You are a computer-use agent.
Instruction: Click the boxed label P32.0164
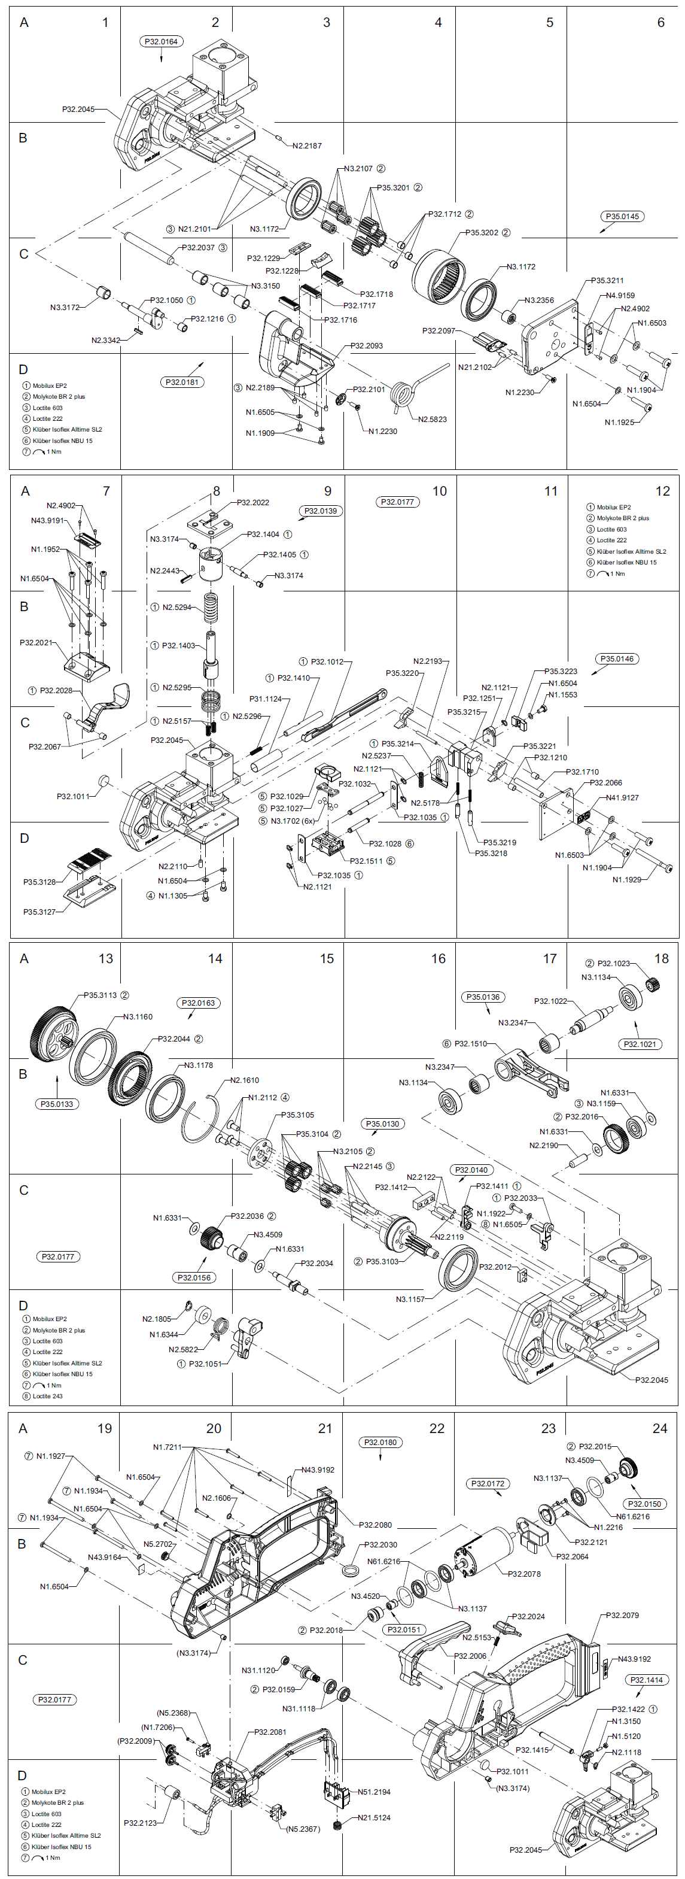161,41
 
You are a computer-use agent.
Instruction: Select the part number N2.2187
307,146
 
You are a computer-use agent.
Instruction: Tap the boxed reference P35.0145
622,217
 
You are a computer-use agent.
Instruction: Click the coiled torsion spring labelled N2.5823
401,394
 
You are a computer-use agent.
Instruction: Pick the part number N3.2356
538,300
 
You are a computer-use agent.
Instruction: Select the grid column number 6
660,23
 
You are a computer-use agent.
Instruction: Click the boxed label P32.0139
321,511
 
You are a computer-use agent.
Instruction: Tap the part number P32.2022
253,503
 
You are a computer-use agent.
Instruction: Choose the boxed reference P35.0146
616,658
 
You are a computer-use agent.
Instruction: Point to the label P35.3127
39,912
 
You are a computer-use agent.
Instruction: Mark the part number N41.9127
622,797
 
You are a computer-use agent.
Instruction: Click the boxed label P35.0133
57,1104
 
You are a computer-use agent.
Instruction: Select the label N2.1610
244,1080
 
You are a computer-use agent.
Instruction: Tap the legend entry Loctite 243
47,1396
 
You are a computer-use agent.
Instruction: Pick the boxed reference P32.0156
194,1277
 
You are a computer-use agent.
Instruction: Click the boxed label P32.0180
380,1442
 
